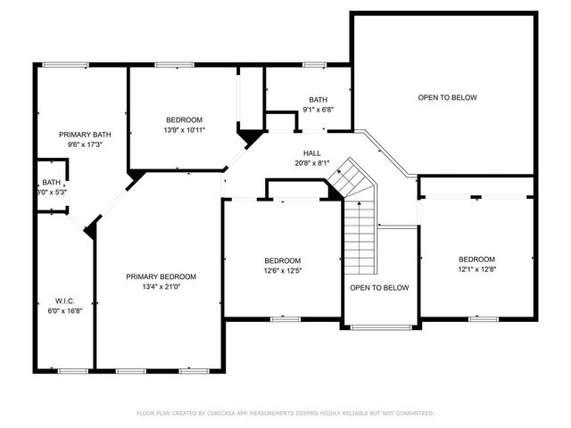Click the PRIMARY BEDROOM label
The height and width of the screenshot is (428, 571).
tap(161, 276)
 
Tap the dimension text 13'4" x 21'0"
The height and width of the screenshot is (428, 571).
tap(161, 287)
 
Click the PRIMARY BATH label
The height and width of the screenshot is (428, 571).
tap(80, 134)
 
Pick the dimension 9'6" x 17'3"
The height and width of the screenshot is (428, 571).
tap(80, 144)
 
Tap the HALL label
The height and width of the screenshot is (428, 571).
tap(310, 152)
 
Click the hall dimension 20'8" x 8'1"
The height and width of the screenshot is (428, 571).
tap(310, 162)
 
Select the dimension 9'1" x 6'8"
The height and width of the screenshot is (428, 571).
tap(318, 110)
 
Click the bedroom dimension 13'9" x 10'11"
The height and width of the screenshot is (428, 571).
tap(185, 130)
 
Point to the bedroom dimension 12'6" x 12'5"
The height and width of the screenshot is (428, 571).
tap(282, 271)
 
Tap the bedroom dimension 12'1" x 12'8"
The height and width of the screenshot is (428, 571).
tap(476, 269)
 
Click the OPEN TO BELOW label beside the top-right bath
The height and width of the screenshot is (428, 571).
tap(447, 97)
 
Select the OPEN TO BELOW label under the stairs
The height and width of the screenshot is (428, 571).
tap(379, 288)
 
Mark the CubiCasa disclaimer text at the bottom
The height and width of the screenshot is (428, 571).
tap(285, 413)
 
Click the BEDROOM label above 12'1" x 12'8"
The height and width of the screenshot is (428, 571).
tap(476, 259)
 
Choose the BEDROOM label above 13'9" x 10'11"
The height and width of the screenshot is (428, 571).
tap(185, 119)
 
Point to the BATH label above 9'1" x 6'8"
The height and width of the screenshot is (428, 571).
tap(318, 100)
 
